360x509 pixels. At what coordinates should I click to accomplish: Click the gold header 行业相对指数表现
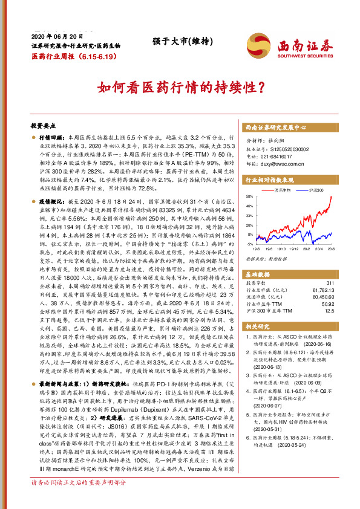[x=269, y=180]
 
